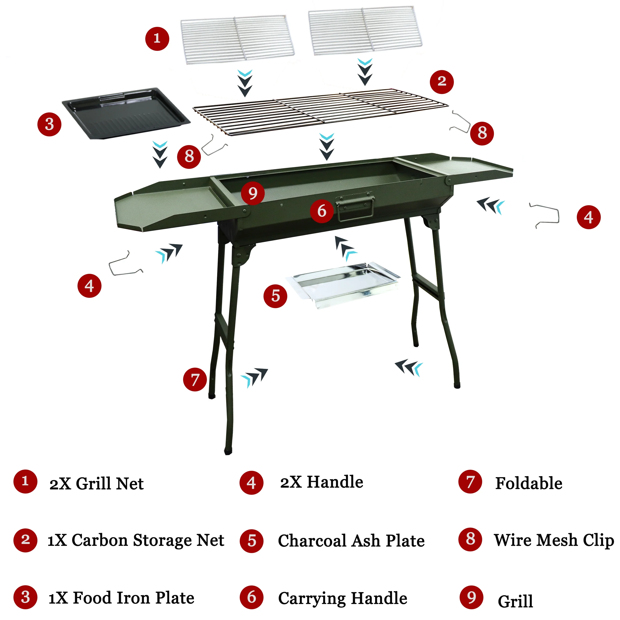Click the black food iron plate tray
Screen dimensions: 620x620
(126, 113)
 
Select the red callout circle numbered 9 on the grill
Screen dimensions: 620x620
(253, 193)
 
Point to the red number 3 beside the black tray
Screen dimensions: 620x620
(49, 124)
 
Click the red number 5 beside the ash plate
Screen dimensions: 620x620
(275, 296)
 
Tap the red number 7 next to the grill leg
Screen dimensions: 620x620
(195, 379)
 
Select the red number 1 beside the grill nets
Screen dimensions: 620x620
(157, 38)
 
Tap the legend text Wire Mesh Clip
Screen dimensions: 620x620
(554, 540)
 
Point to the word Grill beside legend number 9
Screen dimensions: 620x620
(515, 601)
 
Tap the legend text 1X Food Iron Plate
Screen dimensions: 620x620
(121, 598)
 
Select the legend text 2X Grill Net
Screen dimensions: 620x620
(96, 484)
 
